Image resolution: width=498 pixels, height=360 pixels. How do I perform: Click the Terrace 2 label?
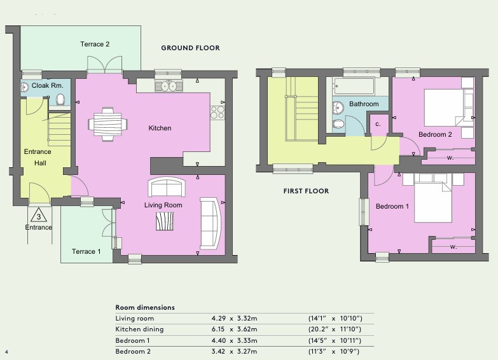click(95, 44)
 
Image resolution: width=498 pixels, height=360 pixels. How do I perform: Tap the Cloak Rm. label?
click(47, 85)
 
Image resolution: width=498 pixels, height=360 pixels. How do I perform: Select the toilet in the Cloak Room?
click(60, 99)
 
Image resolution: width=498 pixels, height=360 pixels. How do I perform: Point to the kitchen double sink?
click(169, 86)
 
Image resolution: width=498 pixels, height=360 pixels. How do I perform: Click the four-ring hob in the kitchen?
click(218, 113)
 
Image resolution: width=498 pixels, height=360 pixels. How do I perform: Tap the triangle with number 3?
click(39, 216)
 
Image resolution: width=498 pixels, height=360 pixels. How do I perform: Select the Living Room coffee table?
click(165, 221)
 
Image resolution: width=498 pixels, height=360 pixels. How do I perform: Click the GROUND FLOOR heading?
click(190, 48)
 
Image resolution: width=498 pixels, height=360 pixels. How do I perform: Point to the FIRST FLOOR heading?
click(306, 191)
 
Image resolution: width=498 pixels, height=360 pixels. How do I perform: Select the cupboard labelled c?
click(378, 125)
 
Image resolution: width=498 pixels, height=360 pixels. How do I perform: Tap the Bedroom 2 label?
click(435, 134)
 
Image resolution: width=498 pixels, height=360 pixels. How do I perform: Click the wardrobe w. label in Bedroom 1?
click(453, 247)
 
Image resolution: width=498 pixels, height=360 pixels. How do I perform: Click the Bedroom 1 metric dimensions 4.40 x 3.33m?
click(235, 341)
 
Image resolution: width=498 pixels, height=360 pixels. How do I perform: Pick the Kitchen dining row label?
click(139, 329)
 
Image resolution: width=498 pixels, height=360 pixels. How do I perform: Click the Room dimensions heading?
click(145, 308)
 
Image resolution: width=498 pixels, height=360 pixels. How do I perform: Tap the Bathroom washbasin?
click(338, 107)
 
